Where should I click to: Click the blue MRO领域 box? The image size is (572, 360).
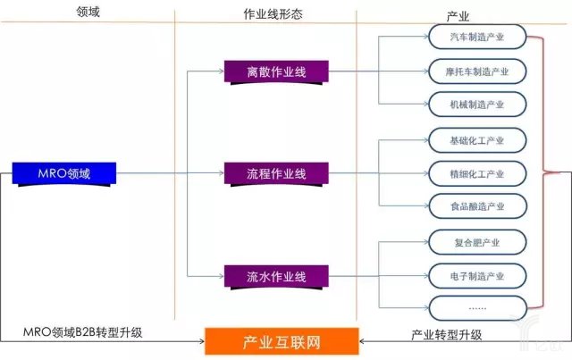[x=65, y=172]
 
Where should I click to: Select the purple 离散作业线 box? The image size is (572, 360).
[x=276, y=71]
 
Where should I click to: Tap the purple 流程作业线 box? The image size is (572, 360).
[x=276, y=172]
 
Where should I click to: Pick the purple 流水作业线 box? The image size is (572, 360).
[x=276, y=273]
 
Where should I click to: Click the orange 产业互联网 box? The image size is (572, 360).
[x=282, y=341]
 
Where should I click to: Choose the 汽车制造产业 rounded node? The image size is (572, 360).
[x=476, y=38]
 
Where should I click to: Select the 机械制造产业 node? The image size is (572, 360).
[x=476, y=105]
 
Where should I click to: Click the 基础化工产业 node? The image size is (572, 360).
[x=476, y=139]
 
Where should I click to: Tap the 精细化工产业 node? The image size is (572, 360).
[x=476, y=172]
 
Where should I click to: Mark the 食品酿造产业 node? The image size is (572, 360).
[x=476, y=206]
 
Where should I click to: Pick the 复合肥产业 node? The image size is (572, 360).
[x=476, y=241]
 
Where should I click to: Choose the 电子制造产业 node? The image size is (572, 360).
[x=476, y=274]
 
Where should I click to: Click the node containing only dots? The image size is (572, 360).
[x=476, y=307]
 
